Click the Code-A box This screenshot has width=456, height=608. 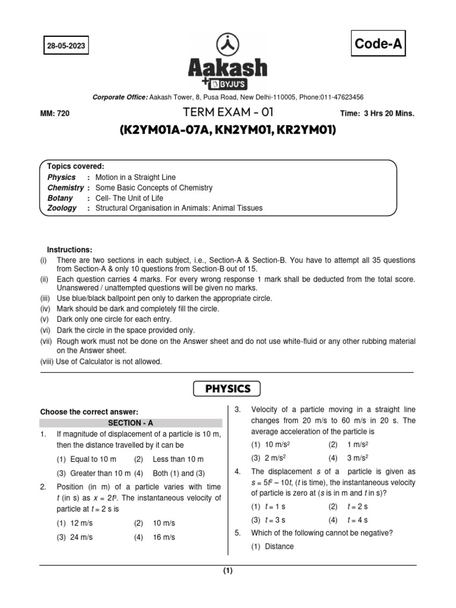tap(379, 43)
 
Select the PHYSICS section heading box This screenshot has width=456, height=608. tap(227, 389)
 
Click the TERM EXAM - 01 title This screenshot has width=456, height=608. tap(227, 113)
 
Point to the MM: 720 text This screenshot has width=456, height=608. tap(55, 114)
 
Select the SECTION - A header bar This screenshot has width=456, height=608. tap(131, 423)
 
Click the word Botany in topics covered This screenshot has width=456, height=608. tap(60, 198)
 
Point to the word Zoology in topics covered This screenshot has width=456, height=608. tap(62, 208)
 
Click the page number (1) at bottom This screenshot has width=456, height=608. tap(228, 572)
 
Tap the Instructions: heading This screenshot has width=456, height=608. tap(69, 250)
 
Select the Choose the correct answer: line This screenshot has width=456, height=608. tap(88, 411)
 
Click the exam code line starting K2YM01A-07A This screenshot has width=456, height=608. tap(227, 129)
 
